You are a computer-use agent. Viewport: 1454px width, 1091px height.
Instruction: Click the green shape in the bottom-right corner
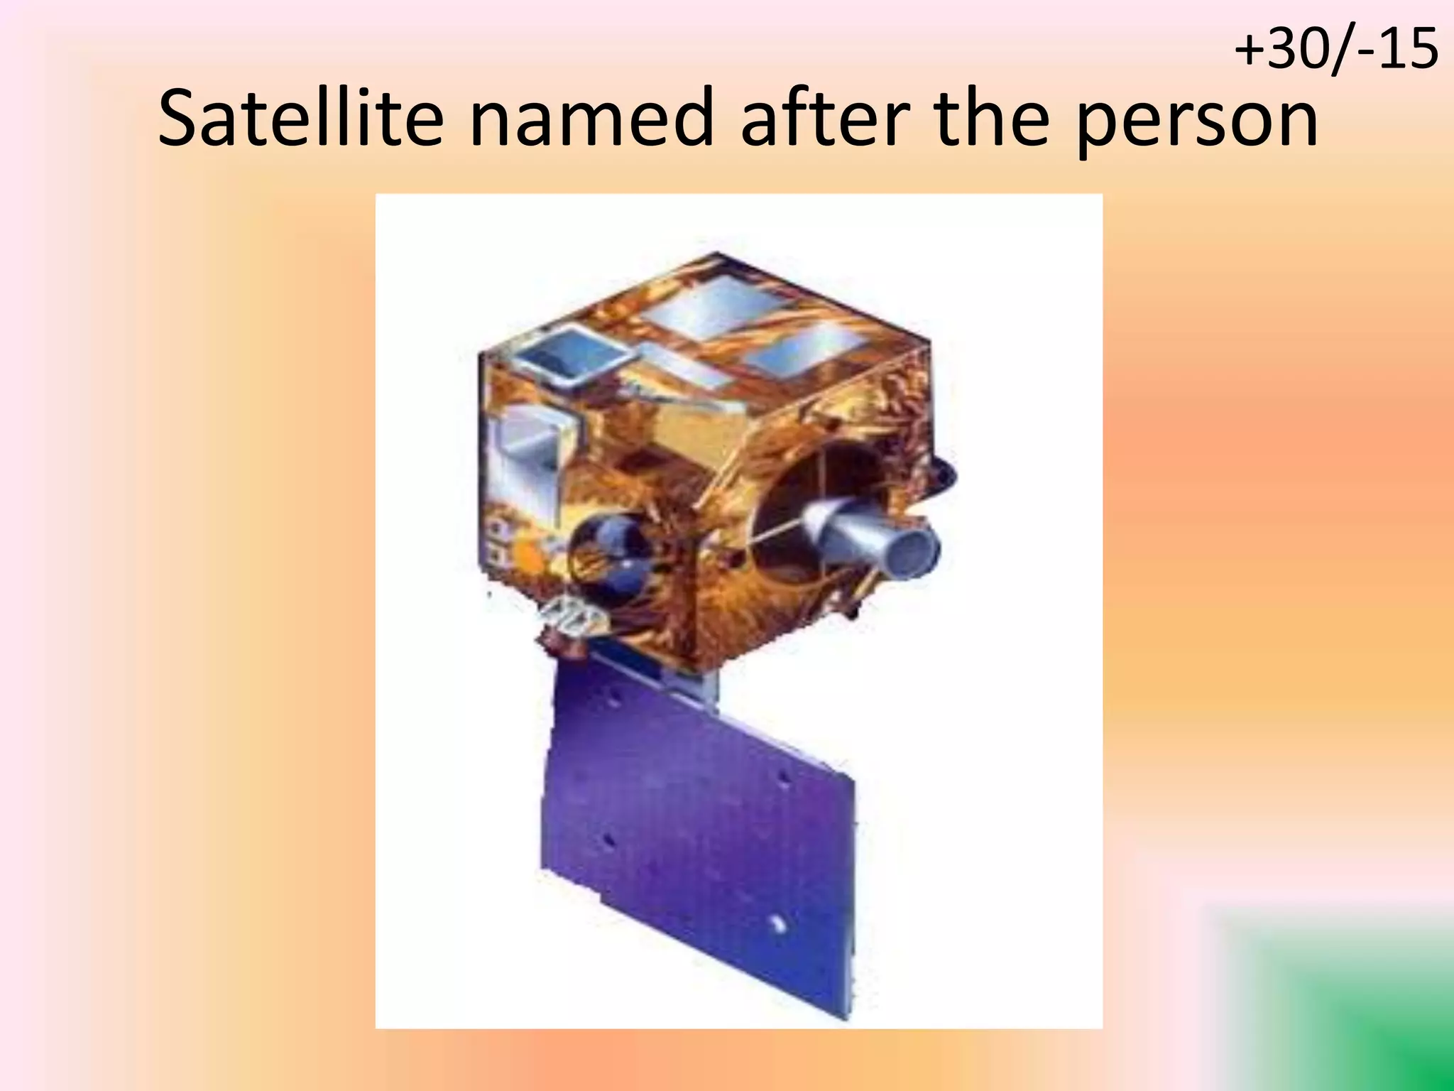(x=1349, y=1009)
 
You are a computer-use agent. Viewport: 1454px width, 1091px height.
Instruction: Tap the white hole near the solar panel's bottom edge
(x=777, y=924)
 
